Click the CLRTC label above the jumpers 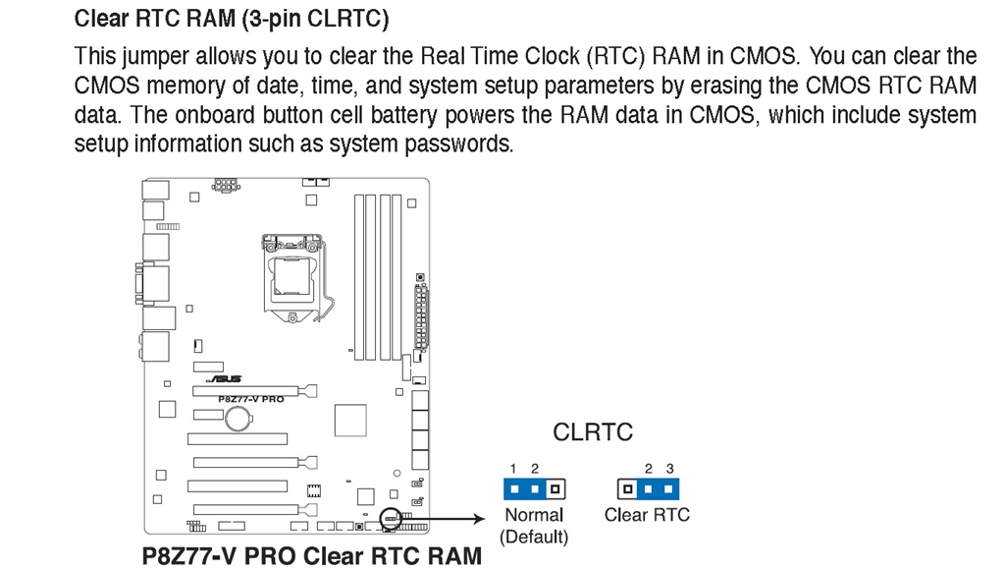tap(593, 431)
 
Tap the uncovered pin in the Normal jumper tap(555, 487)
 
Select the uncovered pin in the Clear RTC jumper tap(626, 487)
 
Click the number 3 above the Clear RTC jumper tap(670, 469)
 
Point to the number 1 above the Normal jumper tap(513, 469)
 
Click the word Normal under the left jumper tap(534, 515)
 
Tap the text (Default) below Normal tap(534, 537)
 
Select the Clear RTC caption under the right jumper tap(647, 515)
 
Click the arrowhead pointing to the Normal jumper tap(483, 517)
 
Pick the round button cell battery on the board tap(239, 419)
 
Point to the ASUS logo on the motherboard tap(225, 378)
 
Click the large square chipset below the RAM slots tap(349, 420)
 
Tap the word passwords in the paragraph tap(464, 144)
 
